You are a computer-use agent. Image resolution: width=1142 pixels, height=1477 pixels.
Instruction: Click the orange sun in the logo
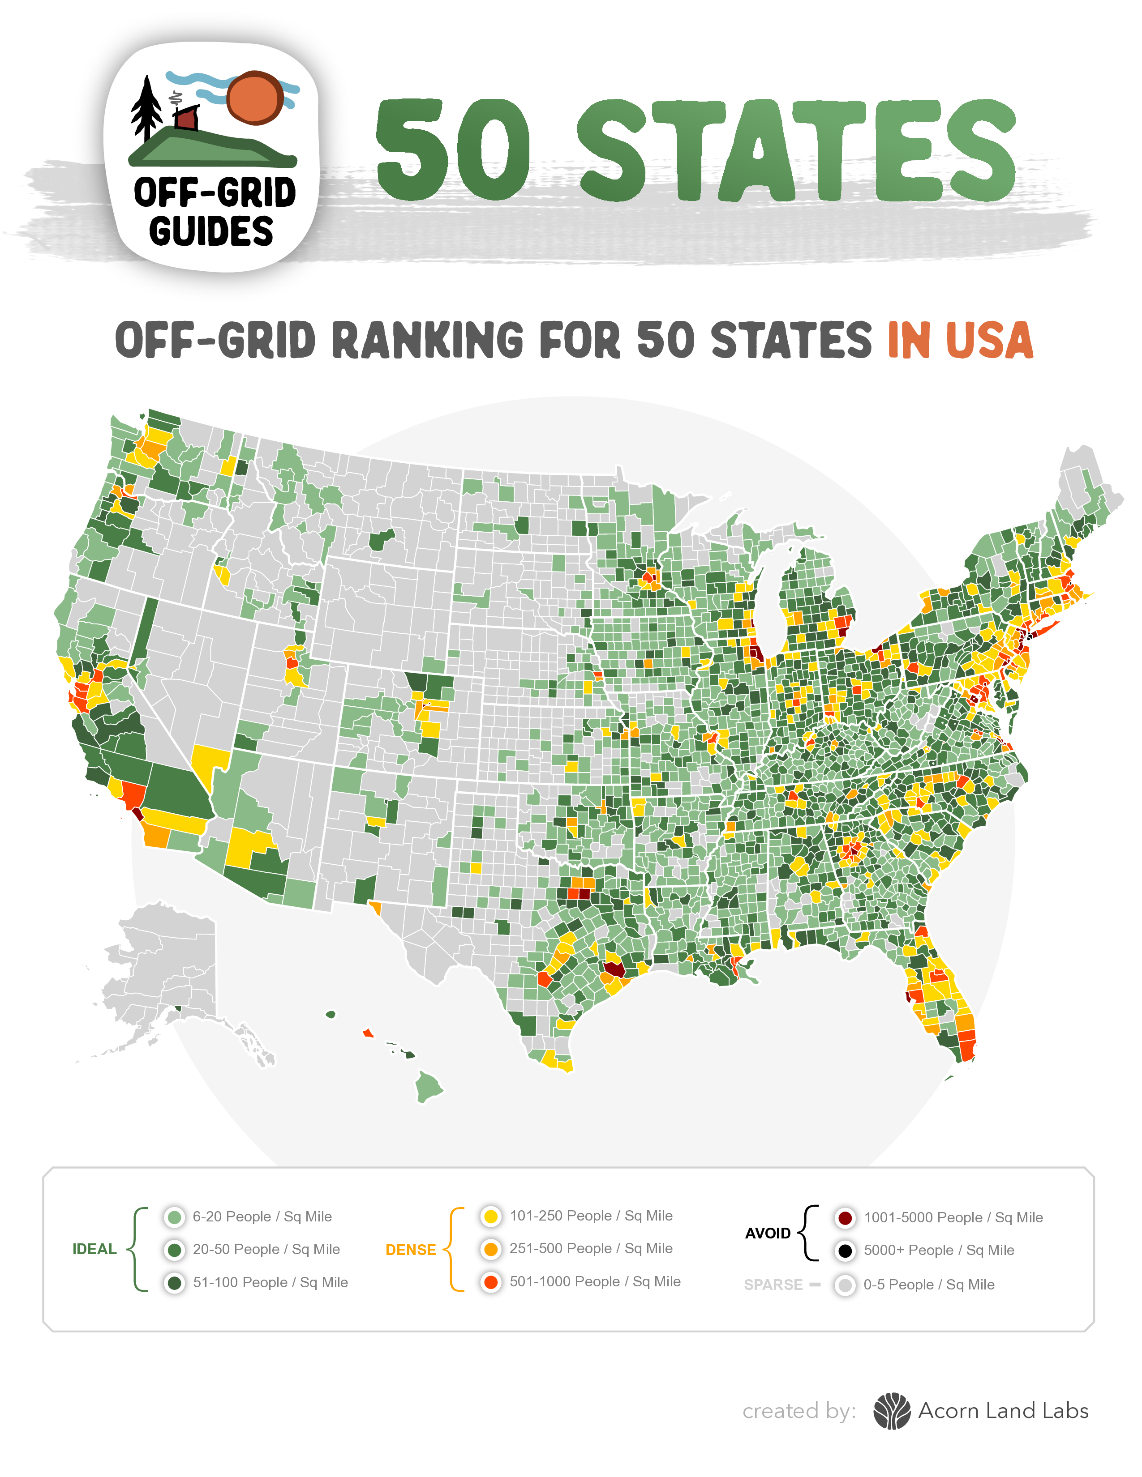click(x=254, y=98)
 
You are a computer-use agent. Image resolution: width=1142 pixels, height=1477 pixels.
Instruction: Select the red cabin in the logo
click(x=186, y=118)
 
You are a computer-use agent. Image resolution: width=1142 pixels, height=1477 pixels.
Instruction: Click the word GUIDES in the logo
click(x=211, y=231)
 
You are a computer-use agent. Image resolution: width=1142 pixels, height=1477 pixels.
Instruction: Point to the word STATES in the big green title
click(x=796, y=150)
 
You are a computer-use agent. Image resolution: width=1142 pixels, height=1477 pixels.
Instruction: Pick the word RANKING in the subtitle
click(x=428, y=340)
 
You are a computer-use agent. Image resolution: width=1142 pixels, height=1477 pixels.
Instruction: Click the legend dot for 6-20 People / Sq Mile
click(x=175, y=1217)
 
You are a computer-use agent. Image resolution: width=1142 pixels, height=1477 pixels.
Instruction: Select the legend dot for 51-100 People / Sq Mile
click(x=175, y=1282)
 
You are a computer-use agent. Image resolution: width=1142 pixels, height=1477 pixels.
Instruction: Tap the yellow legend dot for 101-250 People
click(x=491, y=1216)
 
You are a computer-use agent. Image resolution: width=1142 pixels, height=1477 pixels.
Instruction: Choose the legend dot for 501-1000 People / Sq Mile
click(x=491, y=1281)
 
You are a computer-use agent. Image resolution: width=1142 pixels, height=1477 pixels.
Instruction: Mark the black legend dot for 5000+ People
click(x=845, y=1251)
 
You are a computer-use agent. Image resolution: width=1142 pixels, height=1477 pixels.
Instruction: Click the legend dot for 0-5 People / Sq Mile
click(x=845, y=1285)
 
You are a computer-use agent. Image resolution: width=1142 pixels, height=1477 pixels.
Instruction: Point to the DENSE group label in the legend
click(x=411, y=1250)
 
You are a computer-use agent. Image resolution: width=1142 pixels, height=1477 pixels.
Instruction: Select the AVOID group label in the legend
click(x=768, y=1234)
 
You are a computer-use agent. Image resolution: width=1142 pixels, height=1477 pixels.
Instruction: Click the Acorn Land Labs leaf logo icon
click(x=892, y=1411)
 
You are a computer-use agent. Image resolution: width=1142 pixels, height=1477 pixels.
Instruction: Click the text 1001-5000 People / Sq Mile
click(x=953, y=1217)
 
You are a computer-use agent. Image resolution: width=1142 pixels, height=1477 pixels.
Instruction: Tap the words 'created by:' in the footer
click(x=799, y=1411)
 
